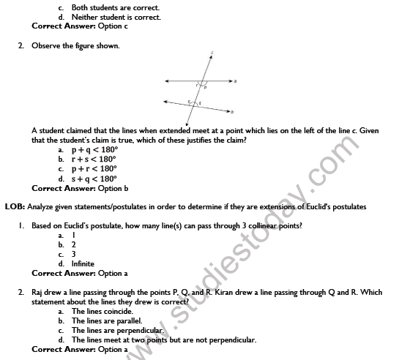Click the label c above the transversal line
point(212,52)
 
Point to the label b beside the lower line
point(233,112)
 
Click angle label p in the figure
point(205,86)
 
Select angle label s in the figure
point(189,102)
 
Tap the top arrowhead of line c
point(212,57)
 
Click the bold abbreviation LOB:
point(15,206)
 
